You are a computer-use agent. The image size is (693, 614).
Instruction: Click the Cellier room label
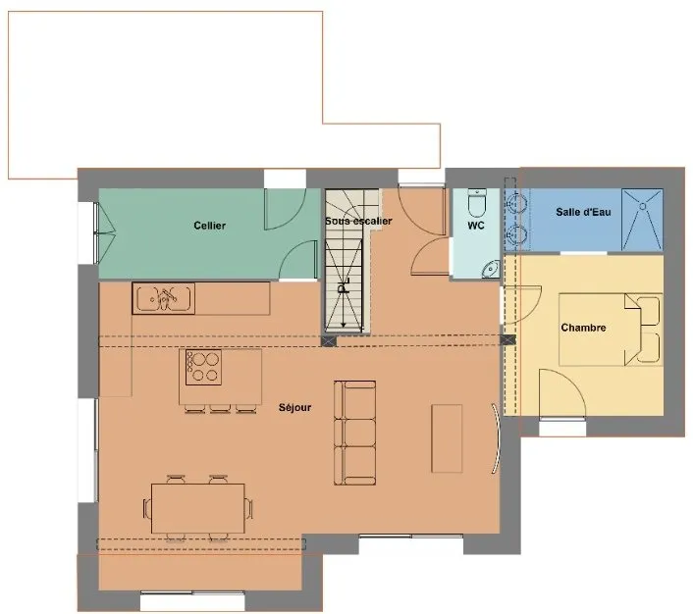[209, 226]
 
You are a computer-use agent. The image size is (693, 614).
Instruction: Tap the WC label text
[475, 226]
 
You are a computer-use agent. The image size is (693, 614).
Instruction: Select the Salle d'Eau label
[583, 212]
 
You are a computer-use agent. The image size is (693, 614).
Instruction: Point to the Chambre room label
[583, 328]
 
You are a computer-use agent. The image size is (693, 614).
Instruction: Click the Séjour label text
[294, 407]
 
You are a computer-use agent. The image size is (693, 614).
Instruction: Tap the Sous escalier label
[358, 221]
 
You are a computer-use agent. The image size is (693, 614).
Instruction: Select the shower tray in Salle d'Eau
[642, 220]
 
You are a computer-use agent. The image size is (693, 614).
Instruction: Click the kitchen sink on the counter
[164, 298]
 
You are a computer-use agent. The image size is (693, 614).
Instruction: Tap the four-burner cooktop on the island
[203, 367]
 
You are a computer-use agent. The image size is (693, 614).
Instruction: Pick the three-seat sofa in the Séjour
[355, 434]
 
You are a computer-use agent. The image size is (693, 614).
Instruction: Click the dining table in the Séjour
[198, 508]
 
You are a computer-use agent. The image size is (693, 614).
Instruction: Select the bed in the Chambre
[611, 330]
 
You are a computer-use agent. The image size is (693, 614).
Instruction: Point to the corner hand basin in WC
[491, 269]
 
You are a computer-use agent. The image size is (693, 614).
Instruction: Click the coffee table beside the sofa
[447, 438]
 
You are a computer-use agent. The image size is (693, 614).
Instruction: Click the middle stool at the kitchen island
[220, 409]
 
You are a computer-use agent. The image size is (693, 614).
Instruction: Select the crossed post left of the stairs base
[329, 340]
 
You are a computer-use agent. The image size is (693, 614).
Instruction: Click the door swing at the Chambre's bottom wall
[562, 393]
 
